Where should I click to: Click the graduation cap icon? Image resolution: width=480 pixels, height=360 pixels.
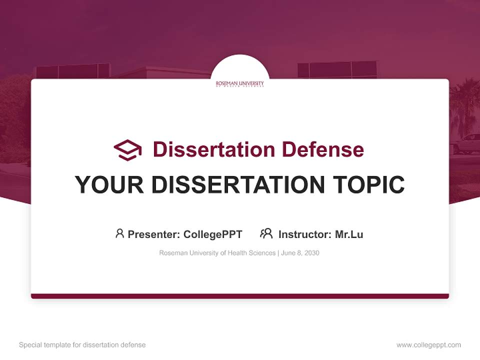[x=127, y=149]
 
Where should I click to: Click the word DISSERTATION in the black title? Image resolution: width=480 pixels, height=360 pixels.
[x=234, y=185]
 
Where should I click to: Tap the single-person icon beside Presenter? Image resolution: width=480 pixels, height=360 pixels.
[x=119, y=233]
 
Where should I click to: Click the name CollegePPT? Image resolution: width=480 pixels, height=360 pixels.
[x=212, y=234]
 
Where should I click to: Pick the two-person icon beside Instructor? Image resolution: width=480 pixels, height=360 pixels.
[x=266, y=233]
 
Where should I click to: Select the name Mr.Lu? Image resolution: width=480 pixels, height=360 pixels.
[x=349, y=234]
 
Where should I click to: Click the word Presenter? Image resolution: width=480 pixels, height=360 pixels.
[x=154, y=234]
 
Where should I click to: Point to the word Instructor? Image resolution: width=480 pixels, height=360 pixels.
[x=305, y=234]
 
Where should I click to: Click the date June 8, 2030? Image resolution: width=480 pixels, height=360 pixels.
[x=300, y=253]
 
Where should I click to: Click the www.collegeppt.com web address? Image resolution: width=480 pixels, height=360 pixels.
[x=428, y=345]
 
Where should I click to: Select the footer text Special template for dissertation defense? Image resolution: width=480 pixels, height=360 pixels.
[x=82, y=345]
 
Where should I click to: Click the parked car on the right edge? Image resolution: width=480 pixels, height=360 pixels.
[x=468, y=144]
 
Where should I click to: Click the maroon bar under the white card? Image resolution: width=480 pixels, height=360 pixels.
[x=239, y=296]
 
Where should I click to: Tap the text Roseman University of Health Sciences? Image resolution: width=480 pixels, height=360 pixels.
[x=217, y=253]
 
